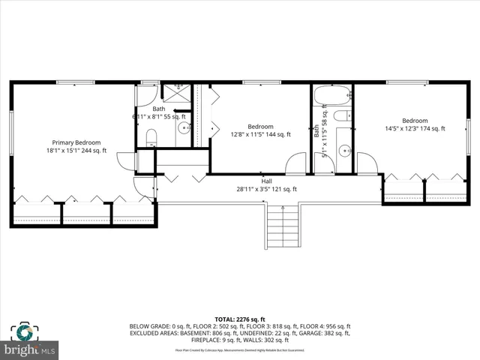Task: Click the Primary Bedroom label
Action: pyautogui.click(x=76, y=142)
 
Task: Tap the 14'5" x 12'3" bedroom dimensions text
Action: pyautogui.click(x=415, y=129)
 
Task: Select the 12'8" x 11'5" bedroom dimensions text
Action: pyautogui.click(x=260, y=134)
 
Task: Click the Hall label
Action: pyautogui.click(x=266, y=181)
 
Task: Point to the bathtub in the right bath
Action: pyautogui.click(x=331, y=96)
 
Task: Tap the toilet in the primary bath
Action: pyautogui.click(x=151, y=136)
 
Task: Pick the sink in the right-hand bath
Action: pyautogui.click(x=344, y=150)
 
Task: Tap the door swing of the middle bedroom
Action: pyautogui.click(x=297, y=163)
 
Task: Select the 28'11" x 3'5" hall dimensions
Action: pyautogui.click(x=268, y=189)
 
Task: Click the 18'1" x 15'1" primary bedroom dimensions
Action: pyautogui.click(x=76, y=151)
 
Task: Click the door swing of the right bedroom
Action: pyautogui.click(x=367, y=163)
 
